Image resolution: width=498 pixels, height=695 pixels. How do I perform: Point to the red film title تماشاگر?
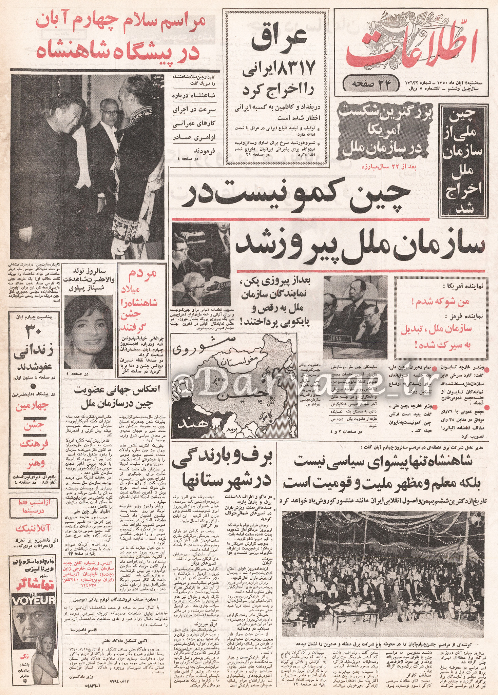pyautogui.click(x=32, y=581)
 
